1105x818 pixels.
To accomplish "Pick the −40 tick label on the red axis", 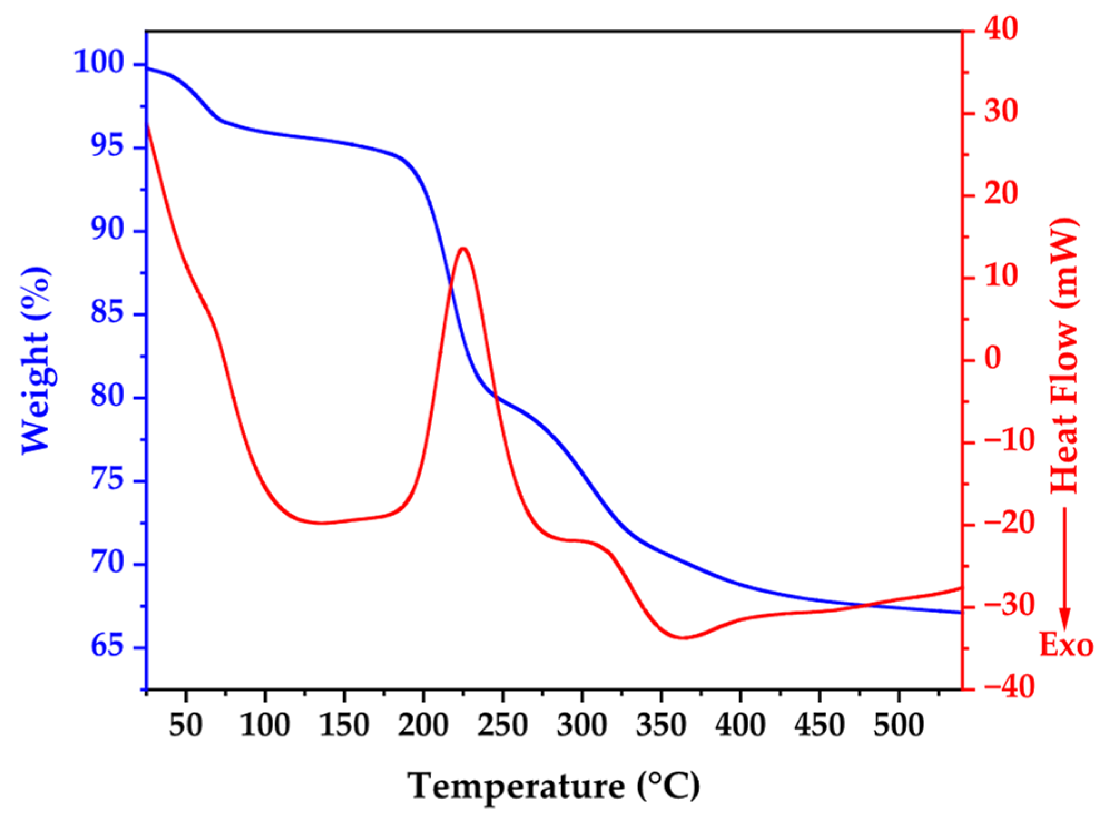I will [x=1009, y=687].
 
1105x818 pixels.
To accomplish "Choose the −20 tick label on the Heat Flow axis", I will [x=1009, y=523].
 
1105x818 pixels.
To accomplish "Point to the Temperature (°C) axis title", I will [x=553, y=786].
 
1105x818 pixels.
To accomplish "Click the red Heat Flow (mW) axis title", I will [x=1064, y=356].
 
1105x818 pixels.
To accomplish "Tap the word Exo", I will [x=1066, y=645].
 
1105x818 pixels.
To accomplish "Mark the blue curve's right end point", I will [x=960, y=613].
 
